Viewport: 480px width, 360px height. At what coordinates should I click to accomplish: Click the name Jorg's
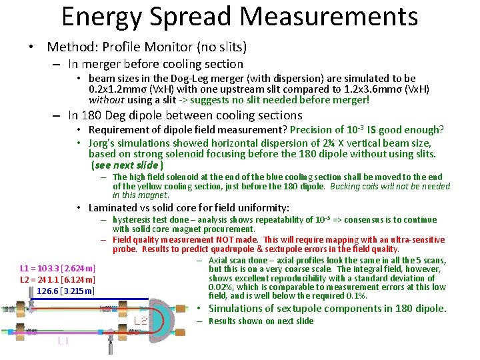coord(104,143)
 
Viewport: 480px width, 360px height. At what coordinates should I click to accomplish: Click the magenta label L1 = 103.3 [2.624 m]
coord(58,268)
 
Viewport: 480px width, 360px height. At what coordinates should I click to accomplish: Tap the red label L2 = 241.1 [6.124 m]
coord(58,279)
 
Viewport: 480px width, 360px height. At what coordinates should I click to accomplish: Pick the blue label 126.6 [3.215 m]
coord(66,291)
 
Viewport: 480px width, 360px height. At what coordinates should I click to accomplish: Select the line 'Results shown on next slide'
coord(261,321)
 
